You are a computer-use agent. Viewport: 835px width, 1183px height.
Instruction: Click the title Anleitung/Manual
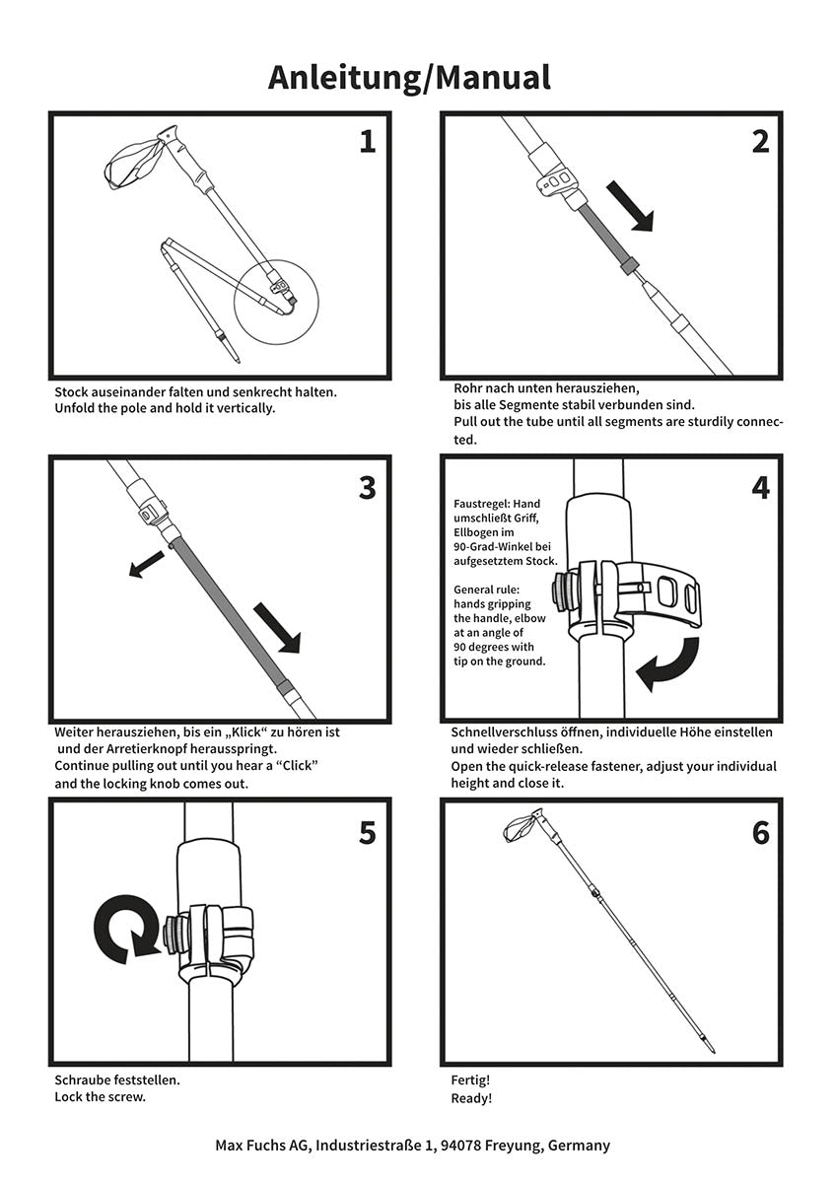point(409,77)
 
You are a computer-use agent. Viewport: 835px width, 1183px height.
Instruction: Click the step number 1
point(367,142)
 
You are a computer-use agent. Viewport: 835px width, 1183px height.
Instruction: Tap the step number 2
point(759,142)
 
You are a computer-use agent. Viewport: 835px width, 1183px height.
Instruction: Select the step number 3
point(367,487)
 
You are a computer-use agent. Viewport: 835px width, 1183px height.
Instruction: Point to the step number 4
point(759,487)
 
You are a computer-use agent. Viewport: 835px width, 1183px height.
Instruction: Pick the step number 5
point(367,833)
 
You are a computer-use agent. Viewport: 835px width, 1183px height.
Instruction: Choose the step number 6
point(759,833)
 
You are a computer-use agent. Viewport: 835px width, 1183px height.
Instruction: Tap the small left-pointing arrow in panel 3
point(146,565)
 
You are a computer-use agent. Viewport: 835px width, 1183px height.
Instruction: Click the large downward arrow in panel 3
point(277,628)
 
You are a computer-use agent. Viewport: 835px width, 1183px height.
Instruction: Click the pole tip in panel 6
point(709,1045)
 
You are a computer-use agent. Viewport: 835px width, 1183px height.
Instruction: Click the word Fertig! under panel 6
point(470,1080)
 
